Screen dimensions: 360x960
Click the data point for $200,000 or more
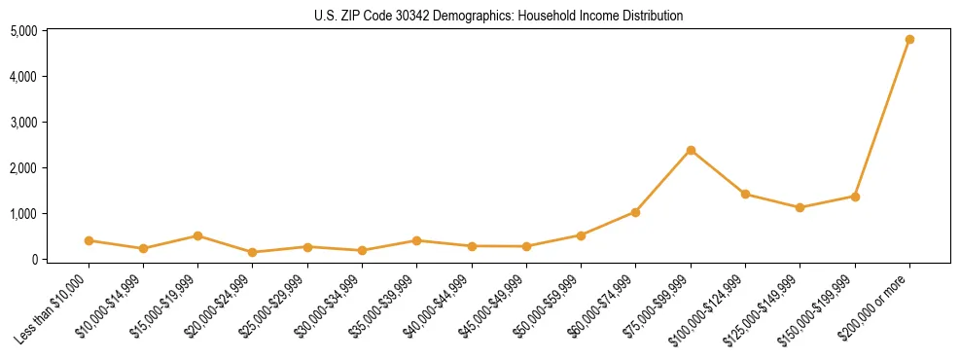[909, 40]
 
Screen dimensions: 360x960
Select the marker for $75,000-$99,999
[691, 150]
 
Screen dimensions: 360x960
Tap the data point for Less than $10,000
[89, 240]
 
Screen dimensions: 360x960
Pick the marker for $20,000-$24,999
[253, 252]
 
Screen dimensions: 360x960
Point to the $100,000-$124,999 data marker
[745, 195]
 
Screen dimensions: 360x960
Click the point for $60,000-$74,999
[635, 212]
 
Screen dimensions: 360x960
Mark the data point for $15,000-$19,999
[197, 235]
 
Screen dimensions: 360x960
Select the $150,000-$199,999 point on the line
[855, 197]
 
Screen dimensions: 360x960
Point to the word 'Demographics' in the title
[472, 17]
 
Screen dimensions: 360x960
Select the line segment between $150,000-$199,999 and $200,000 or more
[882, 119]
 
